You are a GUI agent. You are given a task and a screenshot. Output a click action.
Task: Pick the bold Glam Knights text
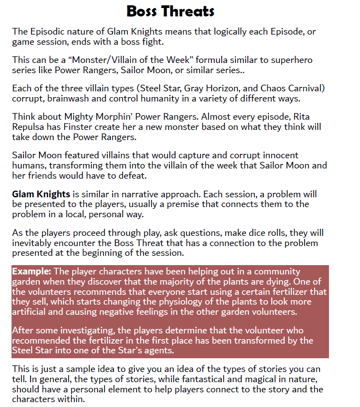[41, 194]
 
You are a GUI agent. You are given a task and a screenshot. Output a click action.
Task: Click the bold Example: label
[31, 271]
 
